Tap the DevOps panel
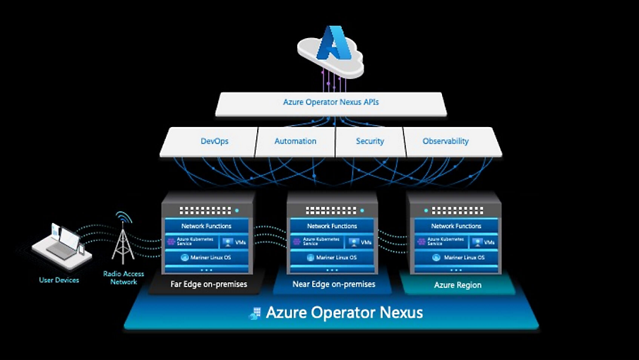click(215, 141)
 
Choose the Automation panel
click(295, 141)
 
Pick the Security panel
click(370, 141)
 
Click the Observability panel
click(446, 141)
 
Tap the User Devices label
click(59, 280)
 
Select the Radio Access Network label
click(124, 277)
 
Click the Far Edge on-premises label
click(206, 284)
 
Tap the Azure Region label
click(458, 285)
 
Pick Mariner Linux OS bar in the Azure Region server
click(456, 258)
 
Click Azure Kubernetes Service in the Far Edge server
click(191, 242)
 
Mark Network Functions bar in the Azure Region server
click(456, 226)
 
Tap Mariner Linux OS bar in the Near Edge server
click(333, 258)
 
